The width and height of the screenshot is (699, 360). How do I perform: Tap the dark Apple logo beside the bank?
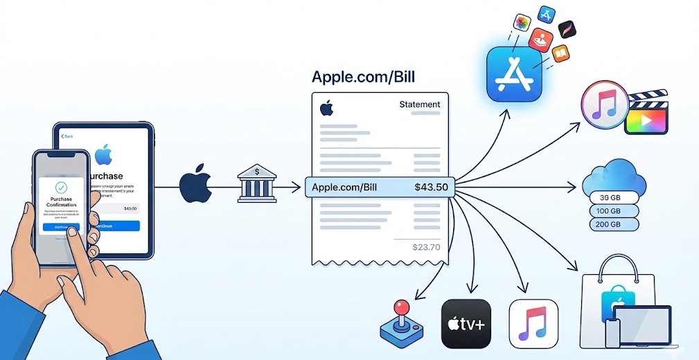click(195, 183)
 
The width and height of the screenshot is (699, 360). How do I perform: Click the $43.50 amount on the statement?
click(430, 187)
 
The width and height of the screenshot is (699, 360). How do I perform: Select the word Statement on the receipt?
click(419, 105)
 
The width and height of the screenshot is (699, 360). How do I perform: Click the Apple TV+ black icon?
click(467, 324)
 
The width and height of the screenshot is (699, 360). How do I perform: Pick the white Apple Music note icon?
click(533, 324)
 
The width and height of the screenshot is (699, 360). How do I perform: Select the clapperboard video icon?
click(646, 114)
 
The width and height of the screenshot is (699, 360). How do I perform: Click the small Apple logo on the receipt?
click(326, 108)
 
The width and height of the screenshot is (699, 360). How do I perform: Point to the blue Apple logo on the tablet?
click(104, 153)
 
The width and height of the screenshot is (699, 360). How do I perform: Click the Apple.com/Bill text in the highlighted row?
click(345, 187)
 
